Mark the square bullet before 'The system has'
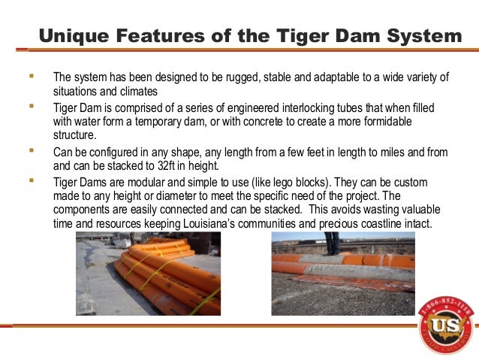pos(32,77)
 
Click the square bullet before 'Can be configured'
pos(32,151)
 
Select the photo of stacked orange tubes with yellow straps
pos(148,273)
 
